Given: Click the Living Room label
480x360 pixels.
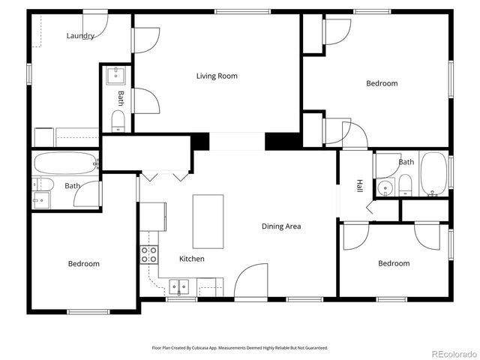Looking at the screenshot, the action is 217,76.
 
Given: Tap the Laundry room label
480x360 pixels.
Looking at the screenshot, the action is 80,36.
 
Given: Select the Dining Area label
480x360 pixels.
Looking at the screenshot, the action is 281,226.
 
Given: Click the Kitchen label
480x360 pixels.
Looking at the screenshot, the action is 192,259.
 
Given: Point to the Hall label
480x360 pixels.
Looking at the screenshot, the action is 360,186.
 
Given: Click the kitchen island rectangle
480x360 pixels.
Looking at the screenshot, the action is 208,222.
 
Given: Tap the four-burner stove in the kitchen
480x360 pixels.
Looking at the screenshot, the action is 149,255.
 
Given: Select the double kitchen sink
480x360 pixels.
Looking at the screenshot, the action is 179,287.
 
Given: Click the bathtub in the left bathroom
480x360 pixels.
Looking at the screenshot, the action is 65,163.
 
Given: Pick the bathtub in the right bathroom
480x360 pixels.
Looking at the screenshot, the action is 433,173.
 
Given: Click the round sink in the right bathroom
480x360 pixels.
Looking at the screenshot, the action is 385,188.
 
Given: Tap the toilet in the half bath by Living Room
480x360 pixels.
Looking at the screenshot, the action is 118,121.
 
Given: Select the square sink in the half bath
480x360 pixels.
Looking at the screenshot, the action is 115,76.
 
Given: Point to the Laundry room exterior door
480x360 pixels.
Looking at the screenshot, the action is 95,25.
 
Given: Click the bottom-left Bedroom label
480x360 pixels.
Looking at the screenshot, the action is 83,263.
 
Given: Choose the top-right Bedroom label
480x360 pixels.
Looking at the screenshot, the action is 382,83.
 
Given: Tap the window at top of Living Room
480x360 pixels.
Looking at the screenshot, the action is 242,12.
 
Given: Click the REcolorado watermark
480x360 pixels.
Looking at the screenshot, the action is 454,354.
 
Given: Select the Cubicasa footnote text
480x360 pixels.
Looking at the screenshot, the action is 240,348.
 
